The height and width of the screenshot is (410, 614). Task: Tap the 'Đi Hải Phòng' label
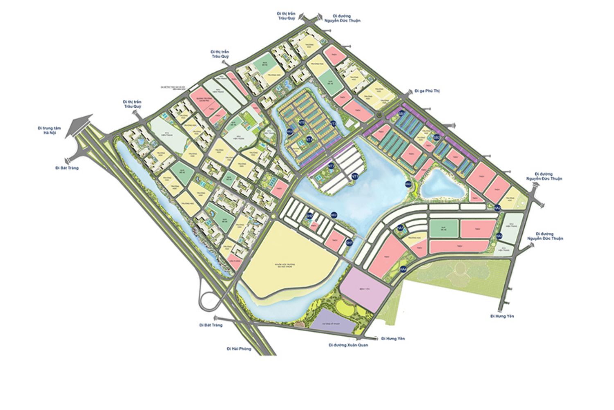tap(239, 348)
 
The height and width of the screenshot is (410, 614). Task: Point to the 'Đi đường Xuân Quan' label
tap(348, 345)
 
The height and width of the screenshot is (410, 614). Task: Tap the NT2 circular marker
tap(332, 166)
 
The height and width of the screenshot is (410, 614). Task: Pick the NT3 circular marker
tap(333, 123)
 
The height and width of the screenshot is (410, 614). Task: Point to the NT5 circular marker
tap(302, 122)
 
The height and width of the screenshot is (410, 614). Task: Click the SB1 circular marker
tap(401, 114)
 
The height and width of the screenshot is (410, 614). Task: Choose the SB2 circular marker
tap(436, 137)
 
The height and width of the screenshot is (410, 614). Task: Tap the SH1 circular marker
tap(349, 243)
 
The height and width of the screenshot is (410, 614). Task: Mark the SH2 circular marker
tap(309, 216)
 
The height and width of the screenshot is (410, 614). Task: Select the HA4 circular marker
tap(404, 269)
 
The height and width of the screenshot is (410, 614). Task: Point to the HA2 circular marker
tap(498, 208)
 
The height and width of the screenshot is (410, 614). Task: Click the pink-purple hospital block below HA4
tap(364, 291)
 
